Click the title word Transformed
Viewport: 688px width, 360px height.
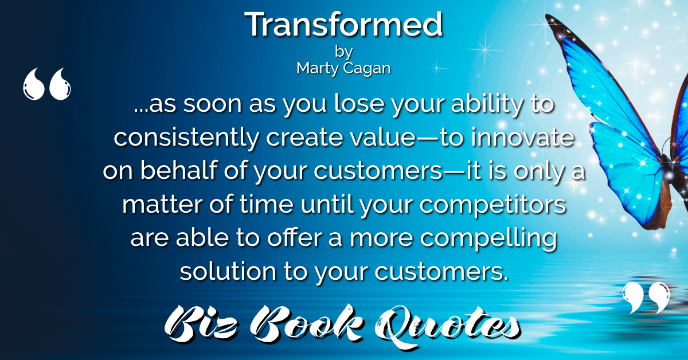[343, 25]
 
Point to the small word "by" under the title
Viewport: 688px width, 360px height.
[343, 52]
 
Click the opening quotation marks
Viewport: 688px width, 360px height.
[46, 84]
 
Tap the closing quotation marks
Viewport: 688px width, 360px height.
[646, 298]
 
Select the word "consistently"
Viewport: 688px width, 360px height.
[186, 138]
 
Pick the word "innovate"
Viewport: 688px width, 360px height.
[522, 137]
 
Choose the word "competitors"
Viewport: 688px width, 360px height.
[492, 205]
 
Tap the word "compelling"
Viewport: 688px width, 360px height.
[488, 239]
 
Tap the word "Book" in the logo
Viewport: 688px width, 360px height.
[307, 324]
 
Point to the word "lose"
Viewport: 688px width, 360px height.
[359, 103]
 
